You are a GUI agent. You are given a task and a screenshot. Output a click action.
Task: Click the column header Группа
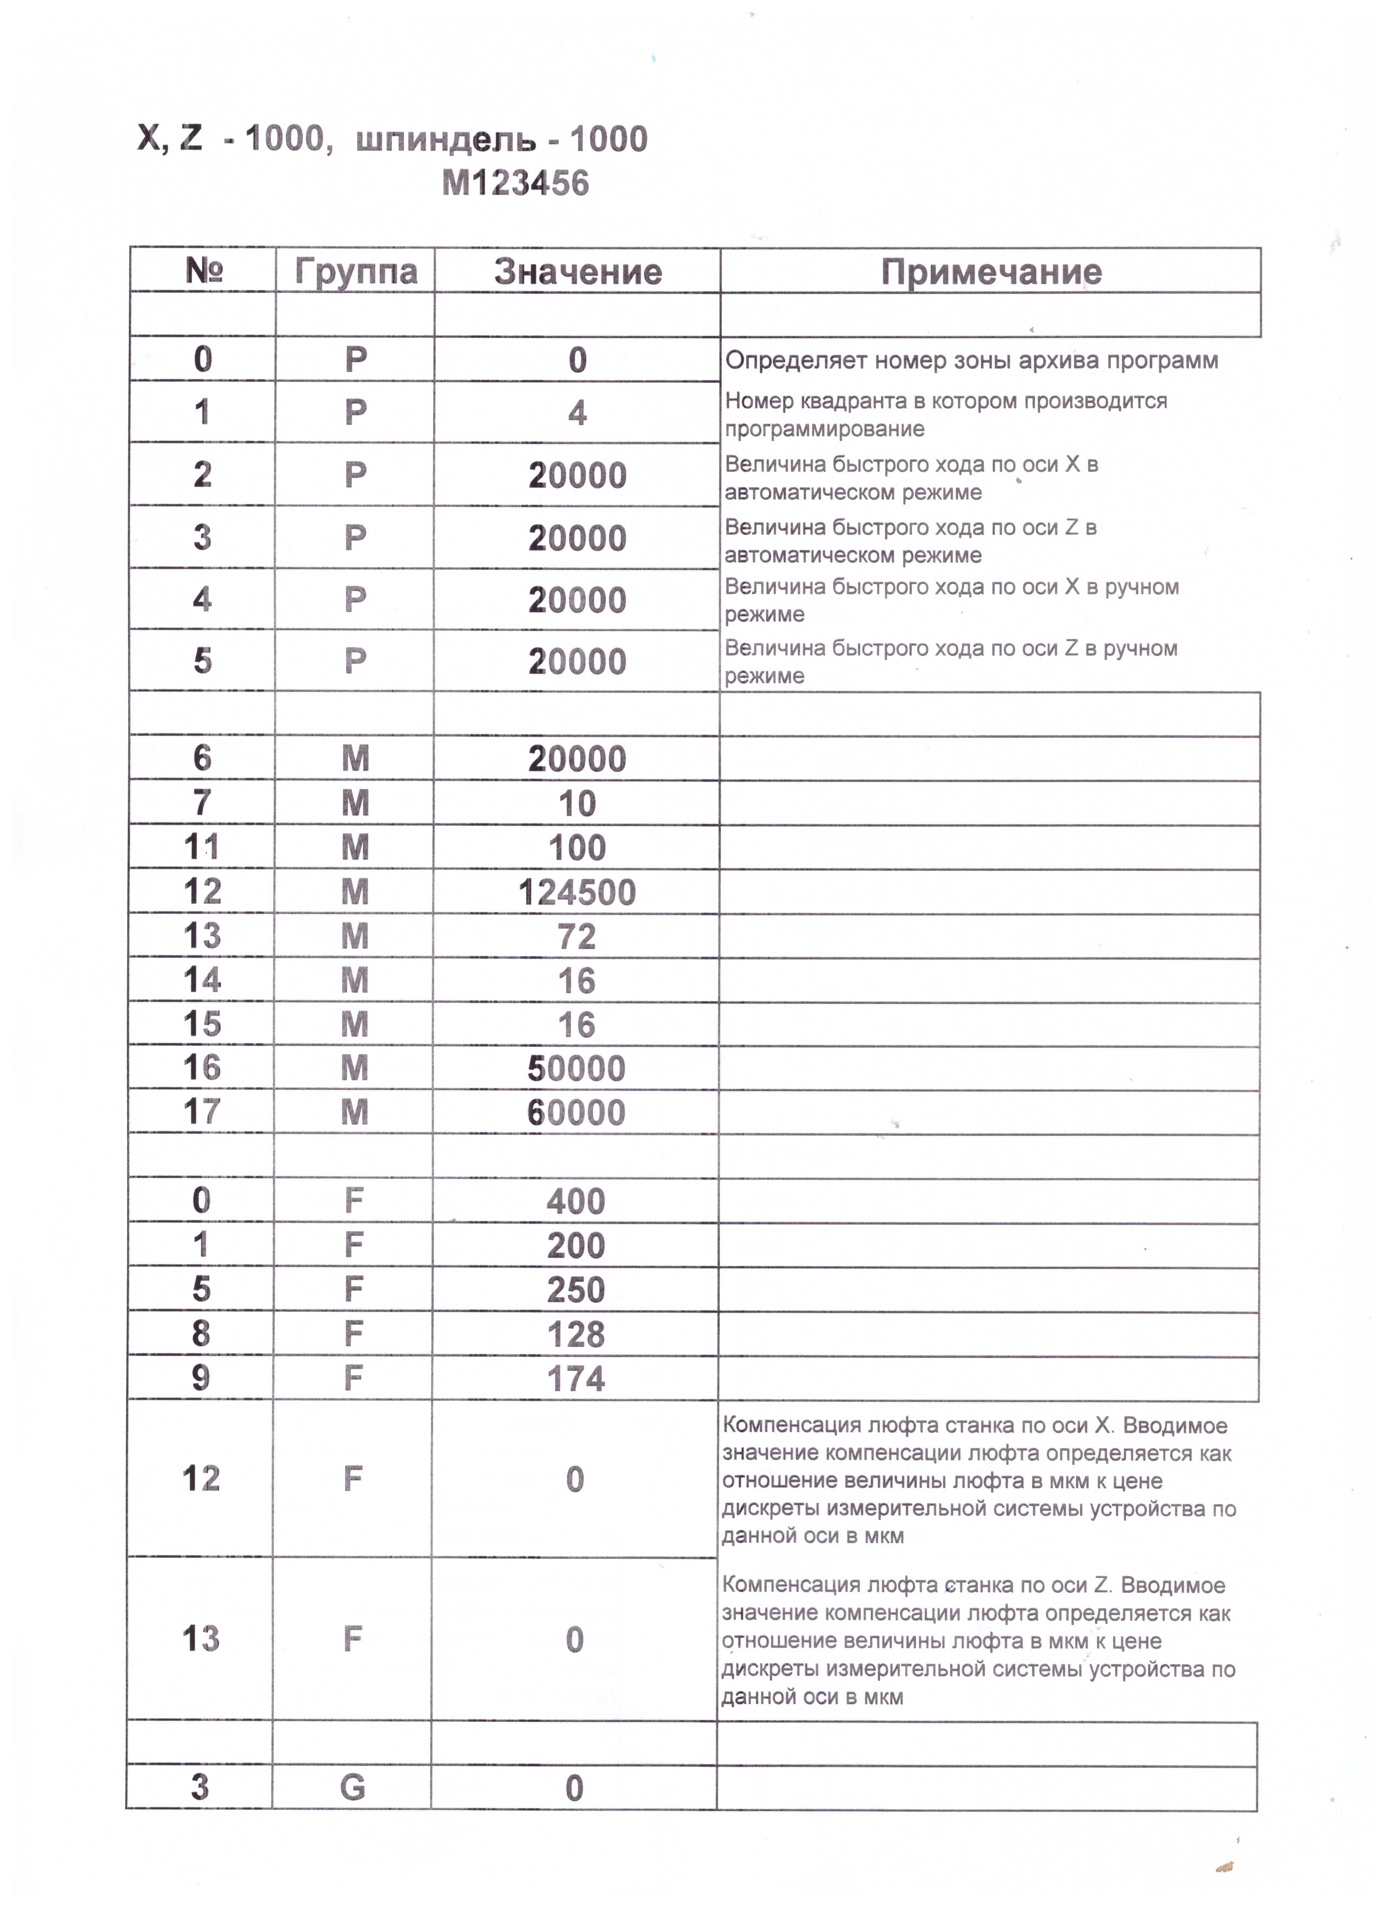pyautogui.click(x=355, y=272)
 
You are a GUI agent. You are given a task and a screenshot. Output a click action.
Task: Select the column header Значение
pyautogui.click(x=578, y=272)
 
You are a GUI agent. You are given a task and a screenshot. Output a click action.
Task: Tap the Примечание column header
pyautogui.click(x=991, y=272)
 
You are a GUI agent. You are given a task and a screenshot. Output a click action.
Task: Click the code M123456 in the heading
pyautogui.click(x=515, y=183)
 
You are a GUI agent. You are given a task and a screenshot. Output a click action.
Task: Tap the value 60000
pyautogui.click(x=577, y=1113)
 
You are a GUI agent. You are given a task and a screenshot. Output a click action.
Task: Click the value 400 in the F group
pyautogui.click(x=576, y=1202)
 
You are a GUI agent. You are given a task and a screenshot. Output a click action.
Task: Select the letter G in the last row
pyautogui.click(x=353, y=1788)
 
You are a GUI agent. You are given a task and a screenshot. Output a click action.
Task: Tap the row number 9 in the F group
pyautogui.click(x=201, y=1378)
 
